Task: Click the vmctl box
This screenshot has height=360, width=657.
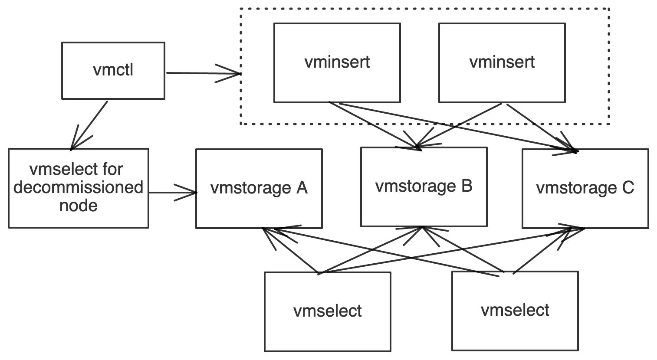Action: (x=113, y=70)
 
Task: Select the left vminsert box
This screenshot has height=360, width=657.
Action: (x=337, y=62)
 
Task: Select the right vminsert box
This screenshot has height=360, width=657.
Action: (x=502, y=62)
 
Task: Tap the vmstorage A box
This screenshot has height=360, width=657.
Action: (x=259, y=188)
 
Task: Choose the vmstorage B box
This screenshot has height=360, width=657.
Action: (x=424, y=187)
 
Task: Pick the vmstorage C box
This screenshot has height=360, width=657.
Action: (x=585, y=188)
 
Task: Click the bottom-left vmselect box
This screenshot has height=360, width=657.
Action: (x=327, y=311)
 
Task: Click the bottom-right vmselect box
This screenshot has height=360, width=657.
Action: (x=515, y=310)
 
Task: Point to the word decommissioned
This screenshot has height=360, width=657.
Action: (x=79, y=187)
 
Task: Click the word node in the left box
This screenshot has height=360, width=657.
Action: (x=79, y=205)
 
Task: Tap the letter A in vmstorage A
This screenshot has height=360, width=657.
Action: (x=301, y=188)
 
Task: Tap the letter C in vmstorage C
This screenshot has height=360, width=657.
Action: (x=627, y=188)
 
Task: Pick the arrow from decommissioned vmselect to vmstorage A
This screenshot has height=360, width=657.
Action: (x=171, y=192)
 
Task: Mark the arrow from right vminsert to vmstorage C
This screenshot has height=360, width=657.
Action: (x=540, y=126)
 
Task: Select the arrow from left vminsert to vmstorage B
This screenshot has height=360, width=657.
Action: (x=373, y=126)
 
